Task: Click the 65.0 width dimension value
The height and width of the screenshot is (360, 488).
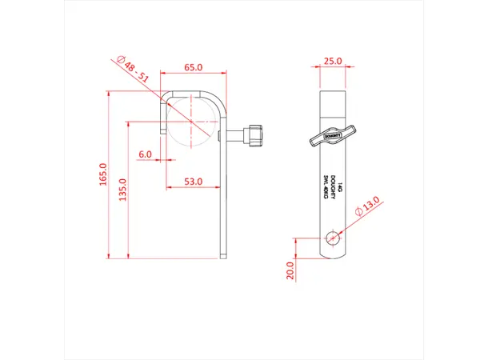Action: click(x=193, y=68)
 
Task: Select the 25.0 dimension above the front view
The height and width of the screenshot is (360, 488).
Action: click(x=333, y=60)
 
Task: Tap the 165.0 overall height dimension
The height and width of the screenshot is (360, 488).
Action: click(x=102, y=174)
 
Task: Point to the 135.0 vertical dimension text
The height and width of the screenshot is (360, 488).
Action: click(x=122, y=190)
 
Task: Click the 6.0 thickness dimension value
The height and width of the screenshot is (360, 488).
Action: click(x=145, y=153)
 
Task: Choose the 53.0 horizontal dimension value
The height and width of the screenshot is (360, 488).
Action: click(x=193, y=182)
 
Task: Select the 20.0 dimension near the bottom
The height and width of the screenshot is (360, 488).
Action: click(x=291, y=271)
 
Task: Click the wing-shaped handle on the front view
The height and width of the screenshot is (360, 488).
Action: click(x=326, y=138)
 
